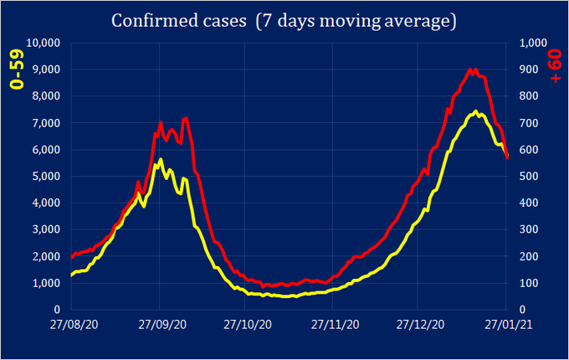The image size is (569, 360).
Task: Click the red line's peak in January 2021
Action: (x=471, y=69)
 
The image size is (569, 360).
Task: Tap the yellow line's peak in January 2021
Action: (x=475, y=111)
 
